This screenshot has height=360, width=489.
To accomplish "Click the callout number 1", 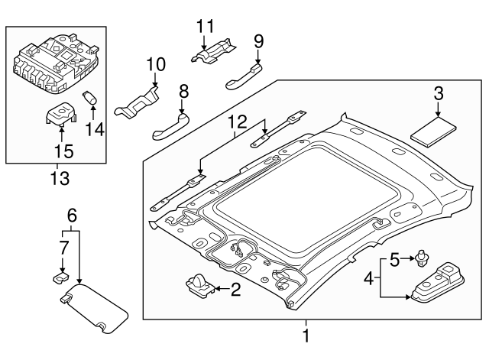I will tap(306, 335).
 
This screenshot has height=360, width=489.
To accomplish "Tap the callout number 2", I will tap(235, 289).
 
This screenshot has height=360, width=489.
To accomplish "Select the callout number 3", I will tap(439, 95).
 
